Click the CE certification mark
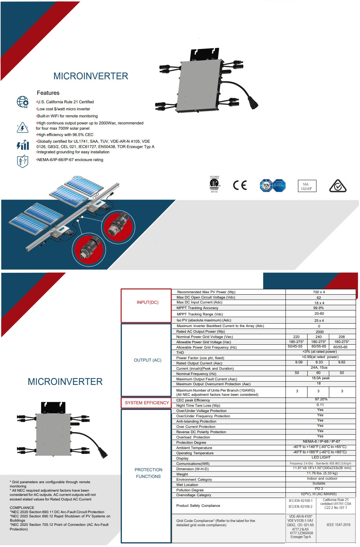[240, 185]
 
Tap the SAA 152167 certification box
[306, 186]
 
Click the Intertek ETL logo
[214, 184]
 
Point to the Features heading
[48, 93]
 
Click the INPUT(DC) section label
[147, 302]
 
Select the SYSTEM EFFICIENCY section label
[147, 402]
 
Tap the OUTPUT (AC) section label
[147, 360]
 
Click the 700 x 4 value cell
[319, 292]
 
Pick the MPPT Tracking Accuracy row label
[197, 308]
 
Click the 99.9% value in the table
[319, 308]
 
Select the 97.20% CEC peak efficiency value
[321, 399]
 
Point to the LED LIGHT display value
[321, 457]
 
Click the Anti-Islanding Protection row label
[196, 422]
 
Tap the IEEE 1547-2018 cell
[338, 525]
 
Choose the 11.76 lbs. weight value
[322, 473]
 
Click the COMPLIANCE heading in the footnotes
[22, 508]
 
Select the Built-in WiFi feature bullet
[67, 116]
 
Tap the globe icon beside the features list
[23, 102]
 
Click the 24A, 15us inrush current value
[319, 368]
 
